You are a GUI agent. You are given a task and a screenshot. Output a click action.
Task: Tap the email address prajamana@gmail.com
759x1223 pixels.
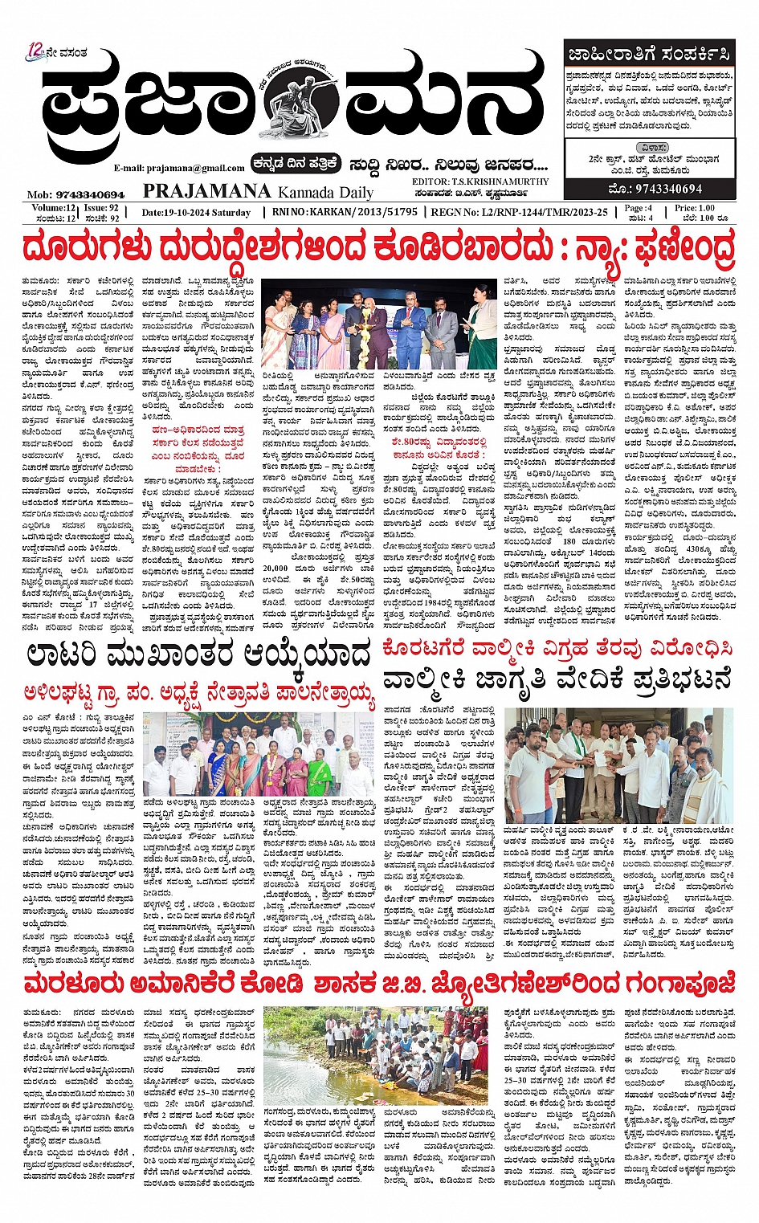(x=179, y=168)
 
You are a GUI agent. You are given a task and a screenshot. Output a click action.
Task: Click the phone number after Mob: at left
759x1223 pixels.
(x=88, y=194)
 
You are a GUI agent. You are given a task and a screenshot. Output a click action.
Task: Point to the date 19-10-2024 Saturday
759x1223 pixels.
(x=197, y=213)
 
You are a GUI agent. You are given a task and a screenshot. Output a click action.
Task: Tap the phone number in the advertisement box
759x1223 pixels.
(x=657, y=189)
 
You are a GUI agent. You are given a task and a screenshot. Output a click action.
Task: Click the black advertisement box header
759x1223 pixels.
(x=649, y=55)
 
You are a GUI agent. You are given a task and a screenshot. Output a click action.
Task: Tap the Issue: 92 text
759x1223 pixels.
(x=101, y=208)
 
